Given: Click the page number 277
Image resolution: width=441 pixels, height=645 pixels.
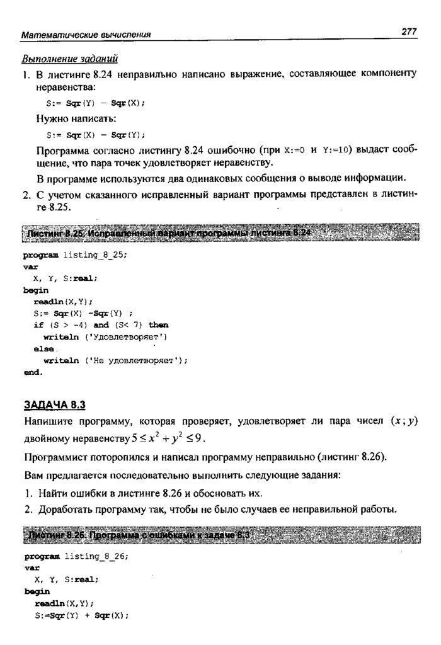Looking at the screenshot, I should click(x=409, y=31).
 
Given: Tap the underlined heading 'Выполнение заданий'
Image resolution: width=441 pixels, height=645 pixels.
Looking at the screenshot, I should click(x=70, y=60).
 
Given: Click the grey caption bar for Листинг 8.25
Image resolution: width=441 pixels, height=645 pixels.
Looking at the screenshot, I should click(x=220, y=234).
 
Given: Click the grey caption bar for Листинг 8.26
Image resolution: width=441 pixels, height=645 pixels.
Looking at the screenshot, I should click(x=220, y=535).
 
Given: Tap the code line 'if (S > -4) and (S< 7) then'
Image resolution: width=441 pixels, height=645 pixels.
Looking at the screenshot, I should click(x=101, y=325).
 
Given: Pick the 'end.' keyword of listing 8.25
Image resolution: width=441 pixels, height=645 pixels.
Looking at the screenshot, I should click(x=33, y=372).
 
